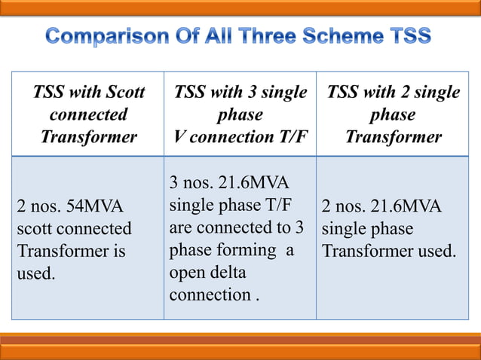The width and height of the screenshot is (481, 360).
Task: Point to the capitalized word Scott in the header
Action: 124,93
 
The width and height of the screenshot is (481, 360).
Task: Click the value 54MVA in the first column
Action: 87,206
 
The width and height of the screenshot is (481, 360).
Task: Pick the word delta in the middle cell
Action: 225,272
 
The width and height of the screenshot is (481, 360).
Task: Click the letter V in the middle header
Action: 179,137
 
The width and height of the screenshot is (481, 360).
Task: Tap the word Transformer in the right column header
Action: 393,137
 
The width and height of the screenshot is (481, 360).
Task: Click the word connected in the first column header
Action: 88,115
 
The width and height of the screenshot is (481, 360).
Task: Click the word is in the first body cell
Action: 118,250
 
